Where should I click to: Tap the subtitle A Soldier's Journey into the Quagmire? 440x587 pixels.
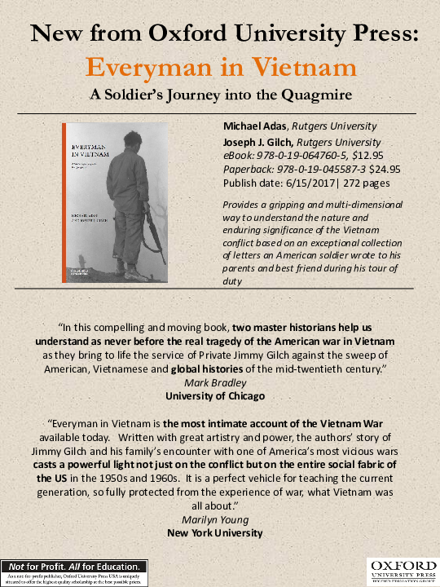[x=220, y=94]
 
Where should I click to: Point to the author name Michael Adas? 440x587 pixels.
[x=253, y=126]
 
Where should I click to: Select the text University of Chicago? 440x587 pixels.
[x=220, y=396]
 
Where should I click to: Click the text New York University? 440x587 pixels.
[x=220, y=533]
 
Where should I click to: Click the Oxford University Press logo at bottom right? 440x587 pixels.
[x=400, y=571]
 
